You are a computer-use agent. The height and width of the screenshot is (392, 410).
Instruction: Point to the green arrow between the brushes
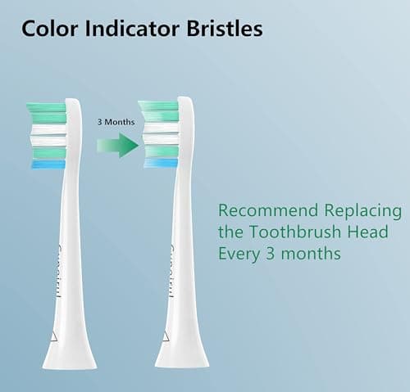[x=117, y=146]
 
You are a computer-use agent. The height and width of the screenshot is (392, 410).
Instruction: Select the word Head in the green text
[x=370, y=232]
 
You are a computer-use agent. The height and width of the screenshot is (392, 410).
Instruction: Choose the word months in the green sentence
[x=311, y=254]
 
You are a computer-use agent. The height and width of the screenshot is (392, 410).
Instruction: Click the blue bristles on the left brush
[x=48, y=165]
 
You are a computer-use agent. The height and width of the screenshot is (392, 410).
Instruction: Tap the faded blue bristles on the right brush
[x=160, y=163]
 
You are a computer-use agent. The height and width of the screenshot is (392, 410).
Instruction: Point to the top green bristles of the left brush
[x=46, y=108]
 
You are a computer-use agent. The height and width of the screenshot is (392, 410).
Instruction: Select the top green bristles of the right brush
[x=158, y=106]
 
